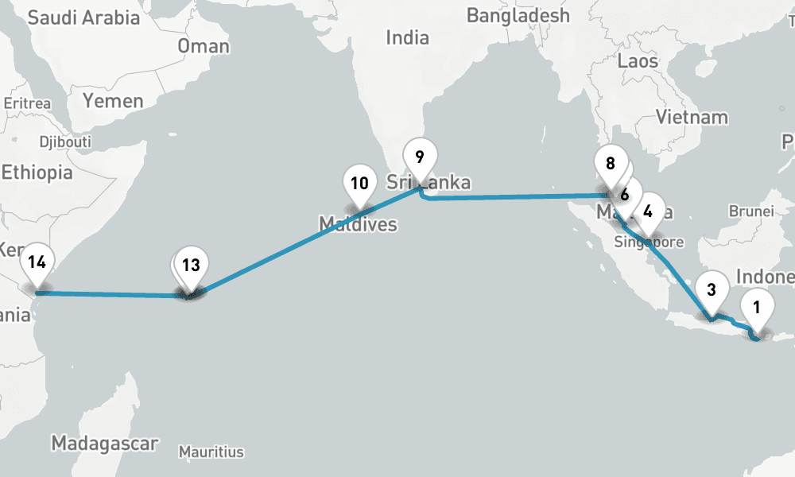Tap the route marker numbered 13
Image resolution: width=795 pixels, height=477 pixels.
[x=191, y=266]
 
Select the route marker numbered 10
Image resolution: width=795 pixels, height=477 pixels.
[x=359, y=184]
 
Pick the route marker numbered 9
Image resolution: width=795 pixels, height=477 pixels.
[x=420, y=157]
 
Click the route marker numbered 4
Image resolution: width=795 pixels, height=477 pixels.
[x=649, y=211]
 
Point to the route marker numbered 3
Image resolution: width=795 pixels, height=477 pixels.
[x=712, y=290]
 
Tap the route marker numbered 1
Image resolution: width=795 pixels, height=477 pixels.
[x=758, y=307]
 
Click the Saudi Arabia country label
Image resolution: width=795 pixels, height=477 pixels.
[x=83, y=17]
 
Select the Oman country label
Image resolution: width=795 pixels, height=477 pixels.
[x=204, y=46]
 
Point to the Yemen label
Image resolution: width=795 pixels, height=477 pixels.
[x=114, y=101]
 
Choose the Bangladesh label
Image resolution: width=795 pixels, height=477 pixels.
[x=518, y=15]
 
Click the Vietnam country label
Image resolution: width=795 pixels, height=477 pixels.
[x=692, y=117]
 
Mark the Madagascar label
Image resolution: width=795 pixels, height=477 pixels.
[x=104, y=443]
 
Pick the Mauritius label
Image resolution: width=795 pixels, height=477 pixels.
[x=211, y=452]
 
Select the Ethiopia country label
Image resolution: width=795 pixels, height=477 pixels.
[x=37, y=173]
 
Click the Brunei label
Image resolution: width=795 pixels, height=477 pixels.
[x=750, y=211]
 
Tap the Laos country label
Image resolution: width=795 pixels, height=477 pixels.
[x=638, y=60]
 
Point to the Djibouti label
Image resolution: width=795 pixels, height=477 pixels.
[x=64, y=142]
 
